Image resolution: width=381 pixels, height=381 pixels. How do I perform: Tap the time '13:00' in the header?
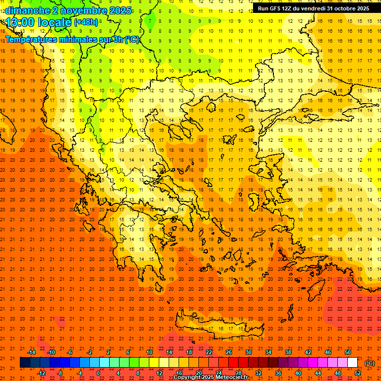pyautogui.click(x=21, y=22)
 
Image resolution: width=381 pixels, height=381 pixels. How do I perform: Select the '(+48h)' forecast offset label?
pyautogui.click(x=86, y=22)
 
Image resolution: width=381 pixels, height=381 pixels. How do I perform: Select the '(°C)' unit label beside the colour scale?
pyautogui.click(x=370, y=363)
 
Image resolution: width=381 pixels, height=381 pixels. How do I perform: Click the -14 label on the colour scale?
pyautogui.click(x=31, y=352)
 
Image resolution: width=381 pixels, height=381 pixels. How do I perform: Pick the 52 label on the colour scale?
pyautogui.click(x=358, y=373)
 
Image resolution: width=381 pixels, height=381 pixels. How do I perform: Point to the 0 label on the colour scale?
pyautogui.click(x=98, y=373)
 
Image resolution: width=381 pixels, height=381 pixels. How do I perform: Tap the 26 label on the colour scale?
pyautogui.click(x=229, y=352)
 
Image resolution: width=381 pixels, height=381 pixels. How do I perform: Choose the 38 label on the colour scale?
pyautogui.click(x=288, y=352)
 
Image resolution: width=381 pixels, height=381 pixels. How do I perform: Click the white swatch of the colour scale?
pyautogui.click(x=353, y=363)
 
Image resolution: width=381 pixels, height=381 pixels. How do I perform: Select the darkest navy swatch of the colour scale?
pyautogui.click(x=25, y=363)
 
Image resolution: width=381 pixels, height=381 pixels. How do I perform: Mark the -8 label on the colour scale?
pyautogui.click(x=60, y=373)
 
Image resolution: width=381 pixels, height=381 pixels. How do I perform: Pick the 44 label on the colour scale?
pyautogui.click(x=318, y=373)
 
